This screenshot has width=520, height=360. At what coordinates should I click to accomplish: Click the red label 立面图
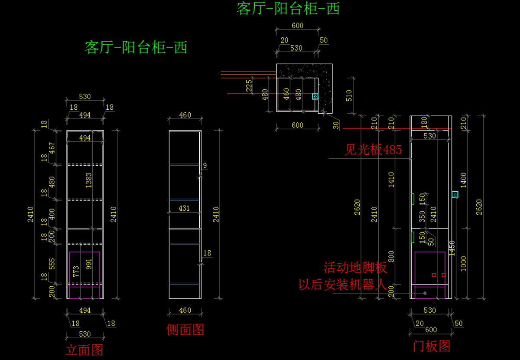coord(84,350)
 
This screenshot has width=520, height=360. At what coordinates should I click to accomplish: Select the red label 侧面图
coord(185,330)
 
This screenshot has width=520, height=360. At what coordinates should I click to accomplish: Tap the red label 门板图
coord(432,346)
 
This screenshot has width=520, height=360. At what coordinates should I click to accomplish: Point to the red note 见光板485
coord(373,150)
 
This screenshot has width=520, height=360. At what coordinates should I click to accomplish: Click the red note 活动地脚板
coord(355,268)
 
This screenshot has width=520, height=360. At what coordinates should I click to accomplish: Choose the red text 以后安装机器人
coord(343,285)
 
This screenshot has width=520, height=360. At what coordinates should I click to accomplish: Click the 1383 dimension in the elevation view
coord(89,180)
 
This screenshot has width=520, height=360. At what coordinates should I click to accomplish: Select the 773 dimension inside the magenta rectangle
coord(76,272)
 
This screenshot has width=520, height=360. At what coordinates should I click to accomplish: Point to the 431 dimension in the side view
coord(184,208)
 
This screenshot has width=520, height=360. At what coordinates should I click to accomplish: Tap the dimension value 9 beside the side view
coord(205,166)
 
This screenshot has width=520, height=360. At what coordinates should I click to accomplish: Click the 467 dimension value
coord(52,148)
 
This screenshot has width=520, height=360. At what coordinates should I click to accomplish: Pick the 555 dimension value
coord(52,264)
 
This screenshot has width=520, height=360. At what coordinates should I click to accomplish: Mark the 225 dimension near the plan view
coord(249,86)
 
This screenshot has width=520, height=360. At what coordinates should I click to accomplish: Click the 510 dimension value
coord(349,96)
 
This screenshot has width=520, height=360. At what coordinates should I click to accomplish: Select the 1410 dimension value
coord(391,180)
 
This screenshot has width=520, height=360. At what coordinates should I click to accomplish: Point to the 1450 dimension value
coord(452,248)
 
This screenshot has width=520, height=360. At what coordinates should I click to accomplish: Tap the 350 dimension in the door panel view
coord(422,216)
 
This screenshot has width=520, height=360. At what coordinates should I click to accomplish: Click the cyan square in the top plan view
coord(315,96)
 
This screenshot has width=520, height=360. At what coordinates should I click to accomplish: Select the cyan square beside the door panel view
coord(455,194)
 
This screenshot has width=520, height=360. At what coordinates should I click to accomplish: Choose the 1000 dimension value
coord(463,264)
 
